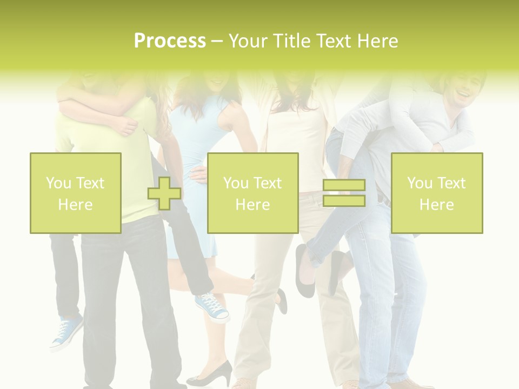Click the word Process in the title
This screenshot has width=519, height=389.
click(170, 41)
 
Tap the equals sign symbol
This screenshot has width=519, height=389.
click(344, 193)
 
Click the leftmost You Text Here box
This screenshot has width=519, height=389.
click(76, 193)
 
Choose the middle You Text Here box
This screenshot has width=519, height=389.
click(252, 193)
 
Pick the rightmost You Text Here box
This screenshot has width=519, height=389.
click(437, 193)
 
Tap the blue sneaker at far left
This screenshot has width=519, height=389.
click(66, 331)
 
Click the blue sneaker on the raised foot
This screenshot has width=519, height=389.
click(212, 306)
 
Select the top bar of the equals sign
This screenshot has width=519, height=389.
click(344, 185)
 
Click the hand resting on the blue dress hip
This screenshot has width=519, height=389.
click(199, 174)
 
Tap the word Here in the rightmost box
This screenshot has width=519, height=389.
click(437, 204)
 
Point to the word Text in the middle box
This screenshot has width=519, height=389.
click(268, 183)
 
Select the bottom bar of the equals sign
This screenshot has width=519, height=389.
click(344, 200)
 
